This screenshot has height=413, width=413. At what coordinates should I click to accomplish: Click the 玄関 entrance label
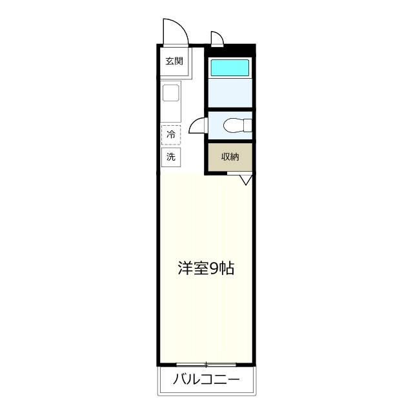[x=174, y=62]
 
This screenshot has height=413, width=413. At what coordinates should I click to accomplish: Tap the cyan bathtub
[x=230, y=68]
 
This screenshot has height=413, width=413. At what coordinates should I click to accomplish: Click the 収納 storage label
[x=230, y=156]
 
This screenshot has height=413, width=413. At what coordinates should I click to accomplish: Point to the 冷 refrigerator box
[x=171, y=134]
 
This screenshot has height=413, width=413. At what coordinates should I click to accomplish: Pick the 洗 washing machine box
[x=171, y=156]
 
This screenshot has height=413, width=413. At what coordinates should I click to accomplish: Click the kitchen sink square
[x=171, y=93]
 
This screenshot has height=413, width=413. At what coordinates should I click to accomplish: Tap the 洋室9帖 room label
[x=206, y=268]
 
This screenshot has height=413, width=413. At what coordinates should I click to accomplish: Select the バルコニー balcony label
[x=206, y=379]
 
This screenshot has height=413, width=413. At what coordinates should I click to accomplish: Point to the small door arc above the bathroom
[x=217, y=38]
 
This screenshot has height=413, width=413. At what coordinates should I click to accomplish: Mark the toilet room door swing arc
[x=197, y=126]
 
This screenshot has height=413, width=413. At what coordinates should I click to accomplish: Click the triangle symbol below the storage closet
[x=245, y=180]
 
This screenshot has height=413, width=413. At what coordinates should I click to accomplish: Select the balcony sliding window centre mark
[x=206, y=365]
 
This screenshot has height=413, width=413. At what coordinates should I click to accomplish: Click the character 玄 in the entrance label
[x=169, y=62]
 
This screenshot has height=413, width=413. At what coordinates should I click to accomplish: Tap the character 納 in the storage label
[x=234, y=156]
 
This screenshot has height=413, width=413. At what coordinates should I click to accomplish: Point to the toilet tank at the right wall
[x=247, y=125]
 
